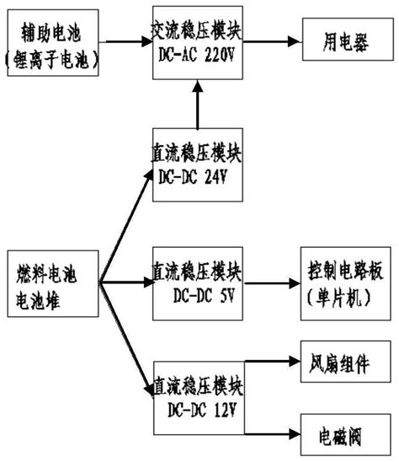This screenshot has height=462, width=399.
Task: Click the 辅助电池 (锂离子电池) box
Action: coord(52,46)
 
